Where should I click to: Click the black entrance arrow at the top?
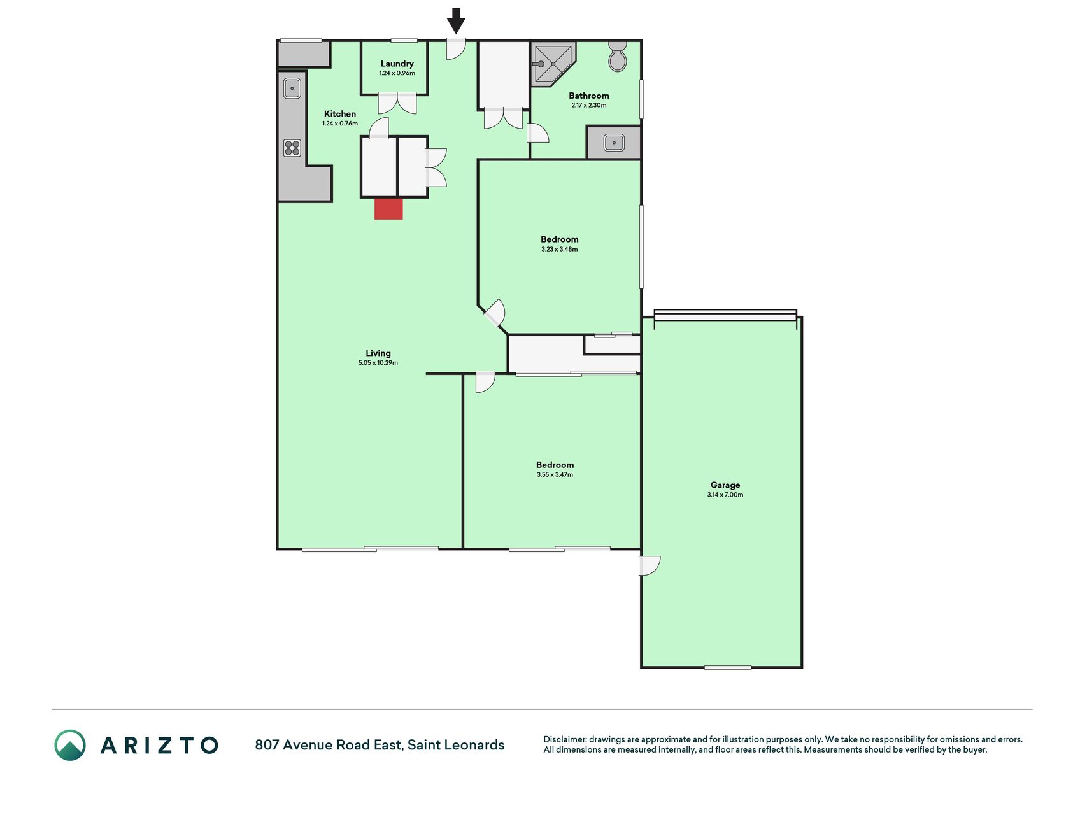(456, 20)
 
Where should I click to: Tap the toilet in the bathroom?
(617, 57)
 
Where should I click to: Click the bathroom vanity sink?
(614, 142)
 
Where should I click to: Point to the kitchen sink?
(292, 88)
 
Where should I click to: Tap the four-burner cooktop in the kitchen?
(292, 148)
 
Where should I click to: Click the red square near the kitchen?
(388, 209)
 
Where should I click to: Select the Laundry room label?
(397, 64)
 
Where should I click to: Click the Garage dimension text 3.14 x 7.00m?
(725, 495)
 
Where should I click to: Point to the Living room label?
(378, 353)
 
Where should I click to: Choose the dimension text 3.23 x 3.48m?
(560, 249)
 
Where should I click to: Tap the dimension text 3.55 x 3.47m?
(555, 474)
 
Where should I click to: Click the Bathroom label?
(589, 96)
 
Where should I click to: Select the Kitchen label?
(340, 114)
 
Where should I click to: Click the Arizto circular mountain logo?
(70, 745)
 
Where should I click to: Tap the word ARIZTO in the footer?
(159, 745)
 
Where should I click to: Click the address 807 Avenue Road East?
(328, 745)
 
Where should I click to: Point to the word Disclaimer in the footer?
(564, 739)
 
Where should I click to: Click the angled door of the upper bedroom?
(495, 313)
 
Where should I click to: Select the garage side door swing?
(650, 565)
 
